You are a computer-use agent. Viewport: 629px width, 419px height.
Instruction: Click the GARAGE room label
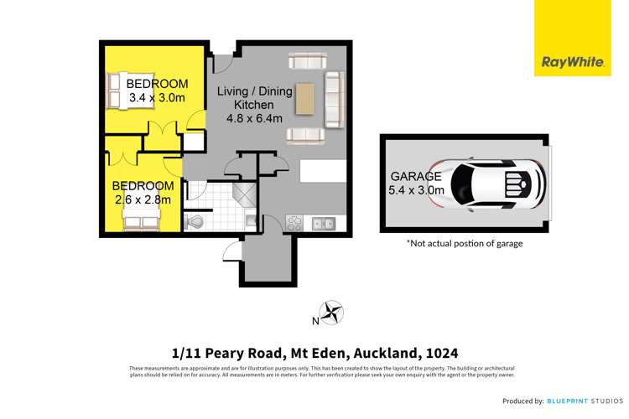coord(415,177)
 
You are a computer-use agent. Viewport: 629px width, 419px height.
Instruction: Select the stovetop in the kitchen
coord(295,223)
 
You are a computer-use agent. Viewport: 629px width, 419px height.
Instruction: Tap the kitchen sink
coord(322,223)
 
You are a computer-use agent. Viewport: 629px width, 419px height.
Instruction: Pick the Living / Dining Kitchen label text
coord(244,97)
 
